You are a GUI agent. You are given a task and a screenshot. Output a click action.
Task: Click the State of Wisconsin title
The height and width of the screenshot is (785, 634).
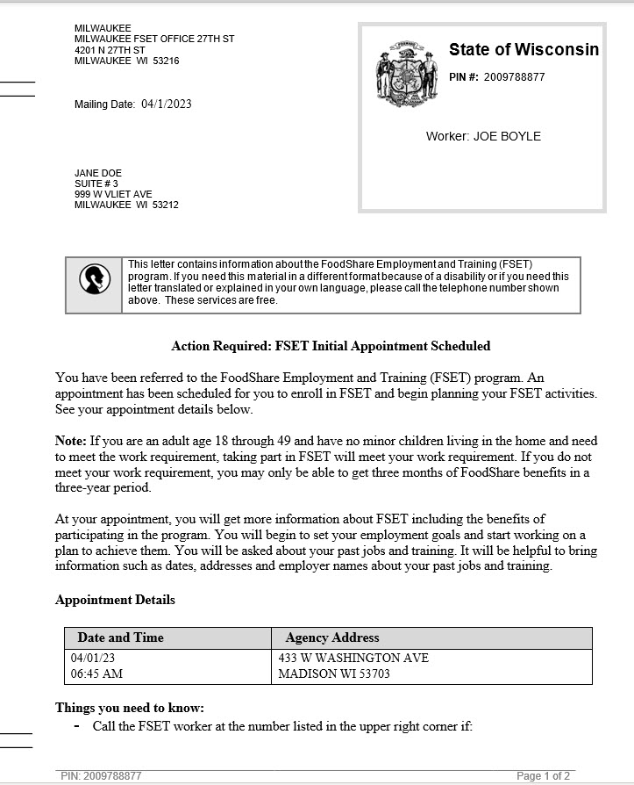coord(524,49)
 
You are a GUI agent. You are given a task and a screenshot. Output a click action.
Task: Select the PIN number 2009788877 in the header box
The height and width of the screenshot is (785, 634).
coord(514,77)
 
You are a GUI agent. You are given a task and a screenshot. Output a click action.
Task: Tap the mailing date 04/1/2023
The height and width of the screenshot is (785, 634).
coord(166,104)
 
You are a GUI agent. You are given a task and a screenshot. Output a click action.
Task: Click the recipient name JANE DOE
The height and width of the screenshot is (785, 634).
coord(98,173)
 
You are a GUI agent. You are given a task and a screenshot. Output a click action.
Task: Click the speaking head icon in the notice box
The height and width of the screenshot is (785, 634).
coord(95,279)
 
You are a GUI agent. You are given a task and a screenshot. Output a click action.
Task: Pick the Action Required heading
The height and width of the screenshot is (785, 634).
coord(331,346)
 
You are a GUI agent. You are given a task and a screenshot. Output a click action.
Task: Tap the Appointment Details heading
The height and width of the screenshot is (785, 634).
coord(115,600)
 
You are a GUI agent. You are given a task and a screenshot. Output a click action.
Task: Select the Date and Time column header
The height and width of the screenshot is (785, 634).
coord(120,637)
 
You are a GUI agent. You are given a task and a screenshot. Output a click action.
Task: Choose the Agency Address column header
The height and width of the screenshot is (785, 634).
coord(332,637)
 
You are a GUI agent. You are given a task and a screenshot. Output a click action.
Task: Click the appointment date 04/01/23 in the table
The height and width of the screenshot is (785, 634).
coord(92,658)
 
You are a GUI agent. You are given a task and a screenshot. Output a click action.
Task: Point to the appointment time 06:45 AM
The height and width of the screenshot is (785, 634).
coord(96,674)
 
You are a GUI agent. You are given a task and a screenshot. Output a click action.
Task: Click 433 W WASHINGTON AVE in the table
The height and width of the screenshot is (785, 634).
coord(353,658)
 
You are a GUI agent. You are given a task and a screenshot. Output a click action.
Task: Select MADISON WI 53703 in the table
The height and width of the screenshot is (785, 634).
coord(334,674)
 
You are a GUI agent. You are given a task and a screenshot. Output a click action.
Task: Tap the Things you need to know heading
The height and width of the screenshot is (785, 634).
coord(129,708)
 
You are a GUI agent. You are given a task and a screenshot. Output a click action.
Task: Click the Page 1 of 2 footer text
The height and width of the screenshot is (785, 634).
coord(543,776)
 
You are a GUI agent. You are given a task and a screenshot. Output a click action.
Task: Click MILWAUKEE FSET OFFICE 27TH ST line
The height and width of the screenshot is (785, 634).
coord(154,40)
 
